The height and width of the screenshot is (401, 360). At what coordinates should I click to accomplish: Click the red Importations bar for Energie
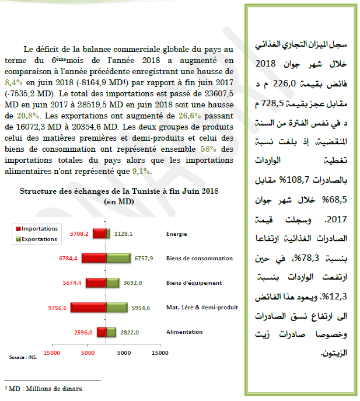click(100, 234)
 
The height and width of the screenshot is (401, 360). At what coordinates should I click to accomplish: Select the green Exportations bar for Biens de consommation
click(118, 258)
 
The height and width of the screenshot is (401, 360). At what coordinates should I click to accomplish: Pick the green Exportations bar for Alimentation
click(109, 332)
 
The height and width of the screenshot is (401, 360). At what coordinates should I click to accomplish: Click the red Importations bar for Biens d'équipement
click(95, 283)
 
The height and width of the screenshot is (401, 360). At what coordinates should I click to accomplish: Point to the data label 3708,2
click(79, 234)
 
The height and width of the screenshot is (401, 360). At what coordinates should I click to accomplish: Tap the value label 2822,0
click(129, 332)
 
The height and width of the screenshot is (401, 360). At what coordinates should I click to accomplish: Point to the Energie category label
click(176, 234)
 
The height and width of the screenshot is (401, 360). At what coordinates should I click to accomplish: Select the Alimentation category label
click(184, 332)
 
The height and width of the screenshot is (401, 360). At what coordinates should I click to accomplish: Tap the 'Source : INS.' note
click(22, 358)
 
